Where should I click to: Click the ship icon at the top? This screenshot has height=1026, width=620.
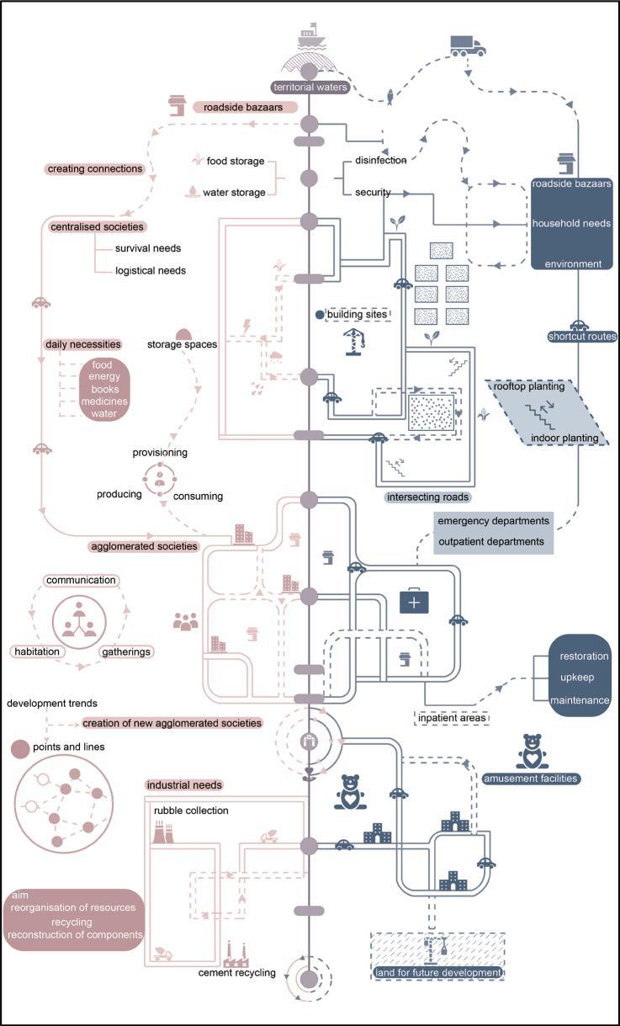pyautogui.click(x=310, y=40)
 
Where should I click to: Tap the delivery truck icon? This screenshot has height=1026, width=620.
pyautogui.click(x=467, y=45)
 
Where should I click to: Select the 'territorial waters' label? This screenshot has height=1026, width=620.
pyautogui.click(x=309, y=87)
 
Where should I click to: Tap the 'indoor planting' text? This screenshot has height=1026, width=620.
pyautogui.click(x=564, y=438)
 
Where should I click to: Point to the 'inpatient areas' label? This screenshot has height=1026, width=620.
pyautogui.click(x=452, y=718)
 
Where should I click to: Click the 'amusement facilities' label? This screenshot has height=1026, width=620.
pyautogui.click(x=530, y=779)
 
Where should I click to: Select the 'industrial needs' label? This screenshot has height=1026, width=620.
pyautogui.click(x=184, y=784)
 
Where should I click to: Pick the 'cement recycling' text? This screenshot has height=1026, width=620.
pyautogui.click(x=236, y=973)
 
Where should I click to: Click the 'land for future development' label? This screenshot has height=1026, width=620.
pyautogui.click(x=437, y=973)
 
